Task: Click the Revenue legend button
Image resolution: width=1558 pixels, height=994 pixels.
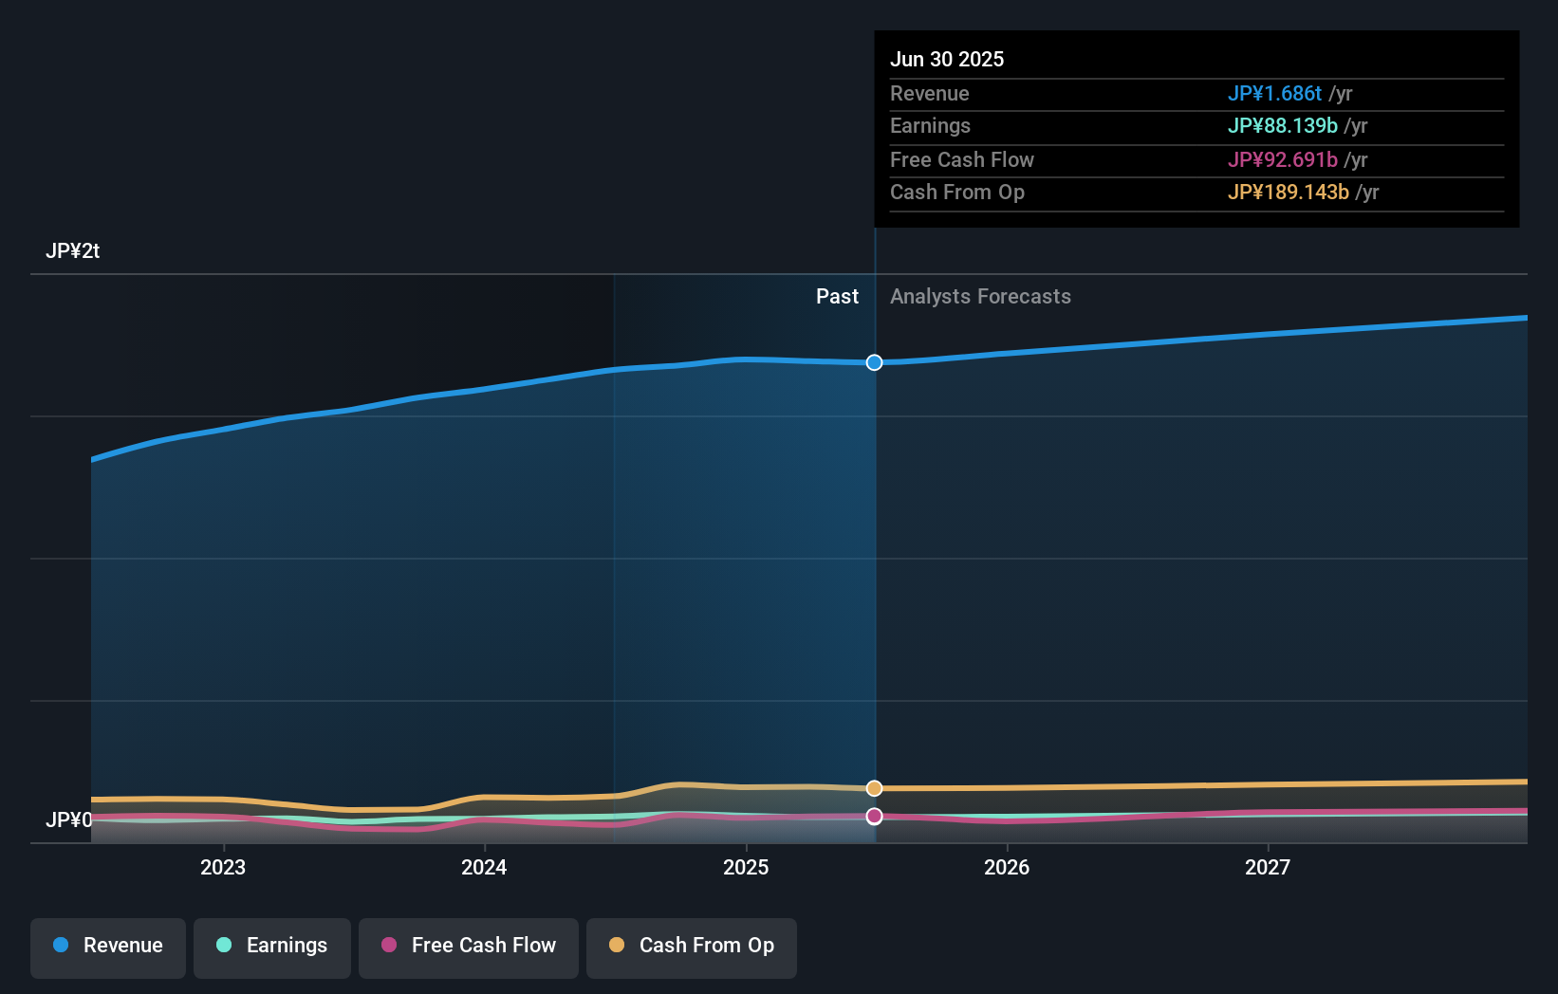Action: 108,947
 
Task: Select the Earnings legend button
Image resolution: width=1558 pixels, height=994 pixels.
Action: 272,947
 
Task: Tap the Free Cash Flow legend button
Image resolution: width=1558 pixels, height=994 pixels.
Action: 469,947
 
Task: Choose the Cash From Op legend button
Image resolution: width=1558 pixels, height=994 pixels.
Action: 692,947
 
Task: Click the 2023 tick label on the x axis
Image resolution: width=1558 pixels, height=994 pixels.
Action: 223,867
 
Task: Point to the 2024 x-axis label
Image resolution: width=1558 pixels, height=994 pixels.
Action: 484,867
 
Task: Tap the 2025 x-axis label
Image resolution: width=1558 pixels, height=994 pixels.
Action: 746,867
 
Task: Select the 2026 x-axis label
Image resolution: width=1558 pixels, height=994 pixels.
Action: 1007,867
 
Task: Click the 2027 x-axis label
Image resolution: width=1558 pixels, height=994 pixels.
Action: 1268,867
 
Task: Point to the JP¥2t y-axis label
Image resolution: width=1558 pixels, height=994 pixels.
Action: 72,251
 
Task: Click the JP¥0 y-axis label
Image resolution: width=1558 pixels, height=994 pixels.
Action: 69,819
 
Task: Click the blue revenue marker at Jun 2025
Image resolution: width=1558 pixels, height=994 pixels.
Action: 874,362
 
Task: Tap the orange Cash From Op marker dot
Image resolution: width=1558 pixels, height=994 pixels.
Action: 874,788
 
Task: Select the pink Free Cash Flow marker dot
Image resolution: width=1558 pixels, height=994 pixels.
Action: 874,816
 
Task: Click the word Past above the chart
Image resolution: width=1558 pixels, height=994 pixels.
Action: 837,297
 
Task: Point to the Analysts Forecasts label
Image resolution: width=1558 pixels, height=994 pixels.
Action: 980,297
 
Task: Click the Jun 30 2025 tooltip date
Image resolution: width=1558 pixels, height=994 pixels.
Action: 946,60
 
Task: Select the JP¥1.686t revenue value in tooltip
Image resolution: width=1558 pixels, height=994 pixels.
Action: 1274,94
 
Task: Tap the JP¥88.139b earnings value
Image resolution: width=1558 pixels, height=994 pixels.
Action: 1282,126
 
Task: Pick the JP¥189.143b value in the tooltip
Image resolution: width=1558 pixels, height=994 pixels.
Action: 1288,193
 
